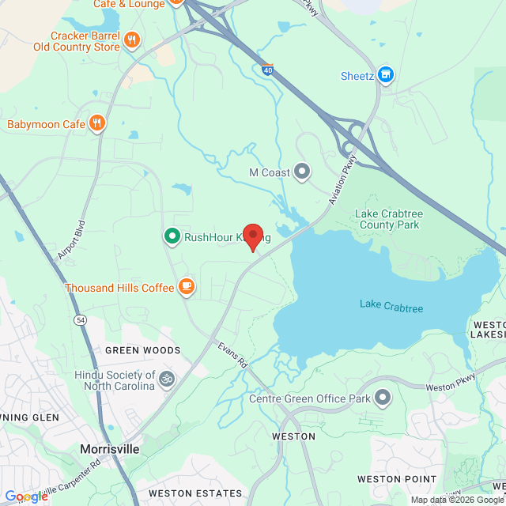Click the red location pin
[x=252, y=236]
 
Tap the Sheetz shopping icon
[x=385, y=75]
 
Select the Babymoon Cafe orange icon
[x=97, y=123]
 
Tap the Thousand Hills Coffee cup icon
[x=187, y=286]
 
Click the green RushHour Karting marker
[x=172, y=236]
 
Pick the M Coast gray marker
[x=301, y=172]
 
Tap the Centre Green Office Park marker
[x=383, y=397]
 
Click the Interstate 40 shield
[x=267, y=70]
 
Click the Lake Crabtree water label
[x=391, y=304]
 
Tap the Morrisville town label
[x=110, y=448]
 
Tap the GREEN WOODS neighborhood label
[x=143, y=349]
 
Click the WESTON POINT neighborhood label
[x=396, y=479]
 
